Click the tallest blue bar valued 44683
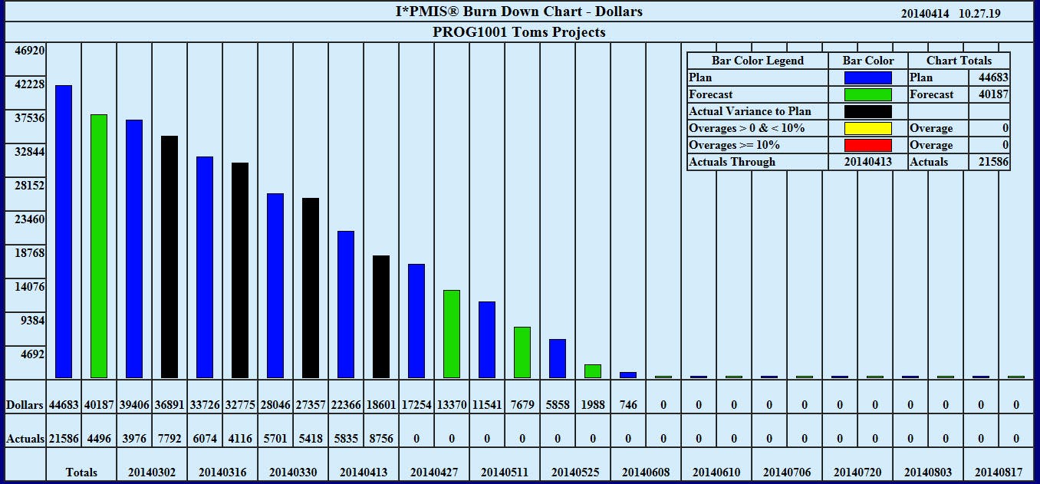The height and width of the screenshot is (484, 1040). (x=64, y=231)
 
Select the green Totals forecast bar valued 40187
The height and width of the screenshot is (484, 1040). (x=99, y=245)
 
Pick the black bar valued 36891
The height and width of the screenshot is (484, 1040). (x=169, y=256)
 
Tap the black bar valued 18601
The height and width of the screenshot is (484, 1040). (x=381, y=316)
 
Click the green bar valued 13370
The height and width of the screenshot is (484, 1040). (x=452, y=334)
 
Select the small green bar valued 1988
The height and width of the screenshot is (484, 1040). (x=593, y=371)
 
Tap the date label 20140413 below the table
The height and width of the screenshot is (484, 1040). (x=364, y=472)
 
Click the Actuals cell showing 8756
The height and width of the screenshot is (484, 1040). (x=381, y=439)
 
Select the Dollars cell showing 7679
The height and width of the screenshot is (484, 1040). (x=522, y=405)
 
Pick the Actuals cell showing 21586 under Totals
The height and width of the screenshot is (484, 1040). (x=64, y=439)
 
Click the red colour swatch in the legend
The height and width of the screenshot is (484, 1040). (x=867, y=145)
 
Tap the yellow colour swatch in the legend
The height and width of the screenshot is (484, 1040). (x=867, y=128)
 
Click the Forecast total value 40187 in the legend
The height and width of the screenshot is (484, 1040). (x=993, y=94)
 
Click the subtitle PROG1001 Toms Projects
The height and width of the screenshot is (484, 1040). (x=519, y=32)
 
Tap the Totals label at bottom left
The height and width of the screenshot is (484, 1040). (x=81, y=472)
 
